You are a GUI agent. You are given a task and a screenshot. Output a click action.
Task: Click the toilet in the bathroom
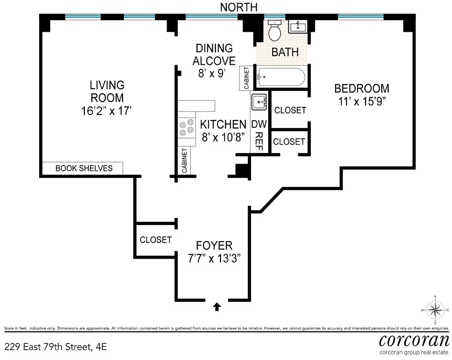[274, 31]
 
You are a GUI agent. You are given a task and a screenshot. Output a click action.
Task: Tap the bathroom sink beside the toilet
[298, 27]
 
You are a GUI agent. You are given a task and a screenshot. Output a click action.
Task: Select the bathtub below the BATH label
[281, 77]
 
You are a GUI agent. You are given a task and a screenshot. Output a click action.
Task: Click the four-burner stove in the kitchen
[186, 128]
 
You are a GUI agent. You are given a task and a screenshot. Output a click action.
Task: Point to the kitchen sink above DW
[260, 102]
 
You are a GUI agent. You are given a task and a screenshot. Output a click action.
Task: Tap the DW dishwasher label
[259, 124]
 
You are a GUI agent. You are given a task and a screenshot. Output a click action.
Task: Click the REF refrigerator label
[259, 142]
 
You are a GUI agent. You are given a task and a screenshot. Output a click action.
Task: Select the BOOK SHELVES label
[84, 168]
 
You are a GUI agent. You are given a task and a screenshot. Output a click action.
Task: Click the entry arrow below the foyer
[217, 307]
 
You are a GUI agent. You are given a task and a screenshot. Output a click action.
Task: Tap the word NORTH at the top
[239, 7]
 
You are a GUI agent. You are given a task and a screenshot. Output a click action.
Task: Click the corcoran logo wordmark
[414, 341]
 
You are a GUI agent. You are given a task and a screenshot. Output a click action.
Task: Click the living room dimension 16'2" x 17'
[106, 110]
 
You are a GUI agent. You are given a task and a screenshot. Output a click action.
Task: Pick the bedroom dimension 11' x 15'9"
[362, 101]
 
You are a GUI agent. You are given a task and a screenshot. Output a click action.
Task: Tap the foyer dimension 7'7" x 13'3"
[214, 259]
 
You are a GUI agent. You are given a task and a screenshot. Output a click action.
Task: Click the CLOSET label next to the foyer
[156, 240]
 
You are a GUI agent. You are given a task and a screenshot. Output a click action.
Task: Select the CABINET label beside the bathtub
[247, 78]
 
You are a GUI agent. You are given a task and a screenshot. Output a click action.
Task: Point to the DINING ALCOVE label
[214, 54]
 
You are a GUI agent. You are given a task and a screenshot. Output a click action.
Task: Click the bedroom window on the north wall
[361, 17]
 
